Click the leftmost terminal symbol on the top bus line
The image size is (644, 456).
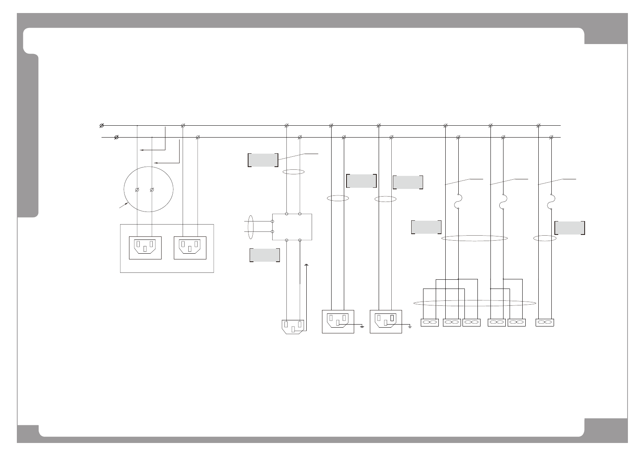point(101,126)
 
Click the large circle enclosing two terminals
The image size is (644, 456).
point(149,189)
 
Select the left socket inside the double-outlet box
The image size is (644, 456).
point(145,248)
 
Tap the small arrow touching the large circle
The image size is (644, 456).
point(123,206)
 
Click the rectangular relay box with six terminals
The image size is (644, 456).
point(292,227)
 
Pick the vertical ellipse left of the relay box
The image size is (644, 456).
point(250,227)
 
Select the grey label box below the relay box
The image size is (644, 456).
point(265,255)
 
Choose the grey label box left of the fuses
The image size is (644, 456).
point(426,227)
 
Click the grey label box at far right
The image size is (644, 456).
point(569,228)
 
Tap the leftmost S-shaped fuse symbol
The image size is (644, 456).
point(458,202)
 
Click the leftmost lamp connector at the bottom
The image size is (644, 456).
point(430,323)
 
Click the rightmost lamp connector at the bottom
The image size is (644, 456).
point(545,323)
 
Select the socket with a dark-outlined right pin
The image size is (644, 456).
point(386,321)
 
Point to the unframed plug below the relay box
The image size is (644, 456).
point(293,326)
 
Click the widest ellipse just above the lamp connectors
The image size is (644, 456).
point(475,303)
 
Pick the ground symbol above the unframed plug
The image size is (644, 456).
point(306,265)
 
